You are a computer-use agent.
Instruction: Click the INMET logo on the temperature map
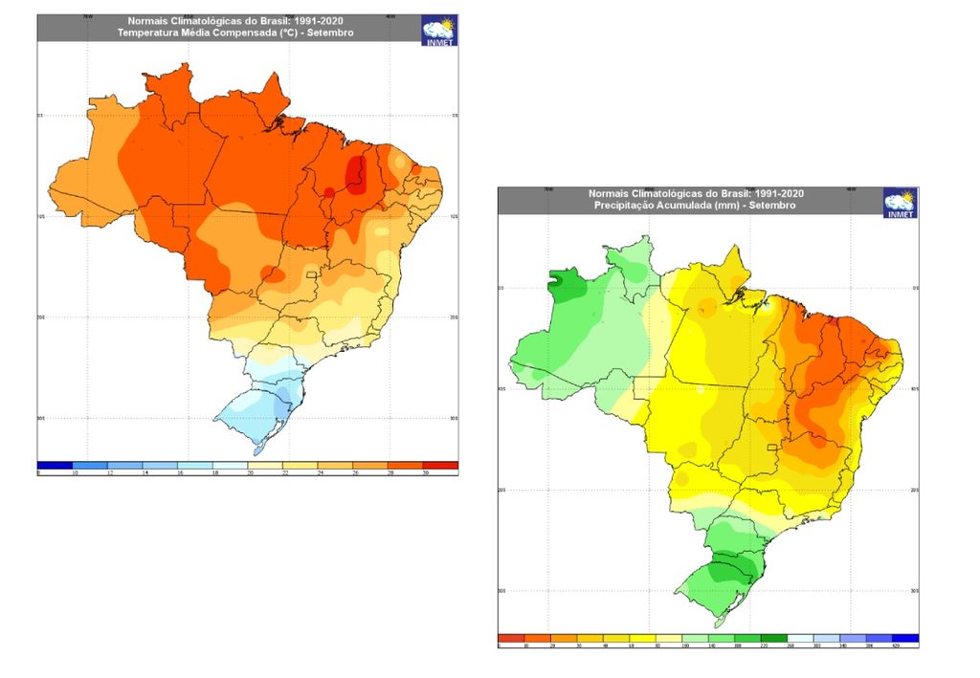click(x=439, y=30)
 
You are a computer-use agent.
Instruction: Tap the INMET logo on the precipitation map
click(x=900, y=203)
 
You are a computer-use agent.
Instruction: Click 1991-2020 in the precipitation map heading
click(x=775, y=193)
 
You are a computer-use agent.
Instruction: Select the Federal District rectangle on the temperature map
click(x=310, y=276)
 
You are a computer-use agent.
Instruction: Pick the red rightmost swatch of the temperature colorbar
click(x=439, y=465)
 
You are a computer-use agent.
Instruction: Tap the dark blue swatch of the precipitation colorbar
click(x=904, y=638)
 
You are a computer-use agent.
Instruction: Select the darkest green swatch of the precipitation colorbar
click(x=773, y=638)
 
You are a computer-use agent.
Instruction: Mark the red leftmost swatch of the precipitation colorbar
click(x=511, y=638)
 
